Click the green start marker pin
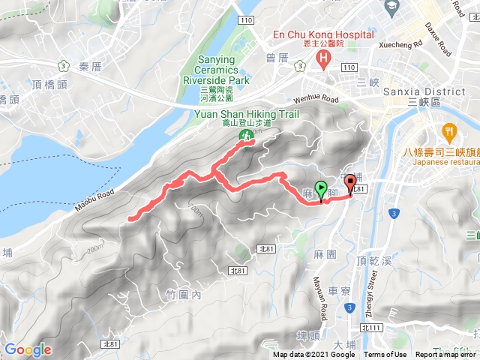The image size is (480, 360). click(322, 190)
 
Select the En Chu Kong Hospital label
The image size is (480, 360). click(322, 34)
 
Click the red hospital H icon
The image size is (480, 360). click(323, 58)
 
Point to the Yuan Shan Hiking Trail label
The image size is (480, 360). click(247, 115)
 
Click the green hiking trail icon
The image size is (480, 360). click(244, 135)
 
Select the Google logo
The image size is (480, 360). click(28, 349)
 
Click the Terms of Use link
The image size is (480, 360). click(385, 355)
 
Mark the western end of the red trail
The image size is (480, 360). click(130, 219)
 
